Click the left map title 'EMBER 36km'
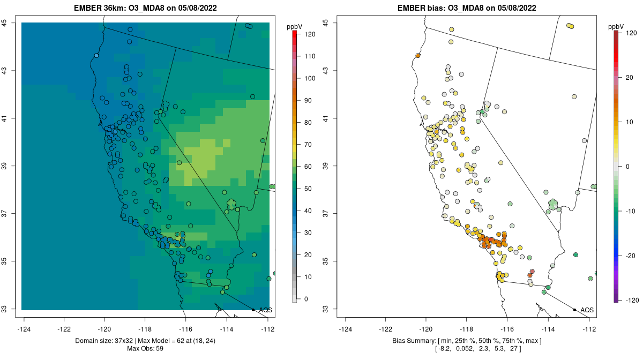(101, 8)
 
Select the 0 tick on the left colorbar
(306, 299)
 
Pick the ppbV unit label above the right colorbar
(617, 26)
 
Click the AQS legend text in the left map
(265, 310)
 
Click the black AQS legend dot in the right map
(574, 310)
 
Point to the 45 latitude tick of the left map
(4, 22)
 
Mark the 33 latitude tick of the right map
(325, 309)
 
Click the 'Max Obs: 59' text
(145, 349)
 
